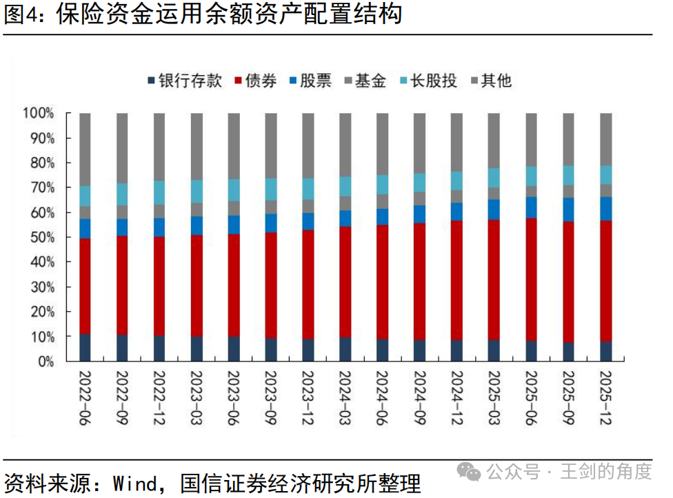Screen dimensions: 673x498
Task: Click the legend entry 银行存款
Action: [x=185, y=81]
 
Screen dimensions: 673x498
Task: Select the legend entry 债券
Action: [x=255, y=81]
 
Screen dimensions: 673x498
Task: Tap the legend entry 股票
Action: [x=310, y=81]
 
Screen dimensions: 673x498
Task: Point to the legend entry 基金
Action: [x=365, y=81]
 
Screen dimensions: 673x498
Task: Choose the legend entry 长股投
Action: [x=428, y=81]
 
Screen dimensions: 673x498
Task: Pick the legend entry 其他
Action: [x=491, y=81]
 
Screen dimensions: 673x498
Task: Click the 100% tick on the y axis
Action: [x=39, y=113]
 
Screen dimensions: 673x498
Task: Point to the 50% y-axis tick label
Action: [x=43, y=237]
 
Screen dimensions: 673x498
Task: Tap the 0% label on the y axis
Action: [x=46, y=361]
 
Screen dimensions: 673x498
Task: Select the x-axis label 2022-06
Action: [x=85, y=398]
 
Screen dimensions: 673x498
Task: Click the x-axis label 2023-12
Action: [x=308, y=398]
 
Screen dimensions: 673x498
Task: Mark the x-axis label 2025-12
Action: [x=605, y=398]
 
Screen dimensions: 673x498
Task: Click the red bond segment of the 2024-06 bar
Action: [x=383, y=282]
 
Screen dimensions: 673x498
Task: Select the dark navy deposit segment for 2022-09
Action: [x=122, y=348]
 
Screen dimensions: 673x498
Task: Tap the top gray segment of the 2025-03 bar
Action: [x=494, y=141]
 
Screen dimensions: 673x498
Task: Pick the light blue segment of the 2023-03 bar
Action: [x=197, y=192]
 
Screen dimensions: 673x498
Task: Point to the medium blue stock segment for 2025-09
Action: [x=568, y=210]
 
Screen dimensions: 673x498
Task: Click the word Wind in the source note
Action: [x=135, y=484]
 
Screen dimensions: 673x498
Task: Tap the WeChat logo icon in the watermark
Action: [x=469, y=472]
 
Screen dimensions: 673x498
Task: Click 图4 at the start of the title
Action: [x=20, y=13]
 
